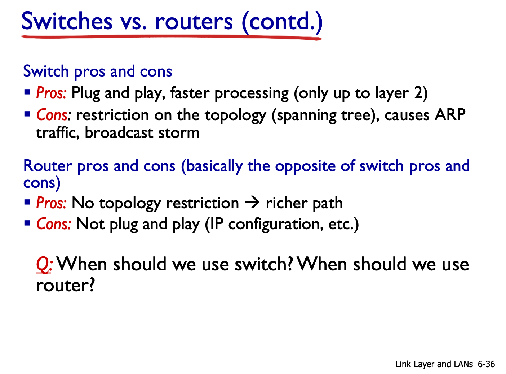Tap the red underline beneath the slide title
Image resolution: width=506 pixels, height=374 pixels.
point(171,37)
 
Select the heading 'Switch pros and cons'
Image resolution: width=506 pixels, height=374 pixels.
point(97,72)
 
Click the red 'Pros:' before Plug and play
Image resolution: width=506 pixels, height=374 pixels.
point(51,93)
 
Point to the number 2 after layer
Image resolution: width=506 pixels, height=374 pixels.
point(418,93)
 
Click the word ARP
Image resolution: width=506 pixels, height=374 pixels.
point(450,114)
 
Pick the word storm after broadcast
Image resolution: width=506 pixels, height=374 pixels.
point(179,133)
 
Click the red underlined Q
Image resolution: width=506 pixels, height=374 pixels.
point(43,265)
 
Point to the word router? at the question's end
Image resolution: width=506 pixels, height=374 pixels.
point(65,286)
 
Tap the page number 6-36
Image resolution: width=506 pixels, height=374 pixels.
point(486,364)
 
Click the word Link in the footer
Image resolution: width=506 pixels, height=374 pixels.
point(403,364)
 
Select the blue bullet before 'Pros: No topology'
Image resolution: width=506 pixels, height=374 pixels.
point(27,202)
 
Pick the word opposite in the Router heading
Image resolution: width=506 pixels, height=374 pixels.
point(305,166)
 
